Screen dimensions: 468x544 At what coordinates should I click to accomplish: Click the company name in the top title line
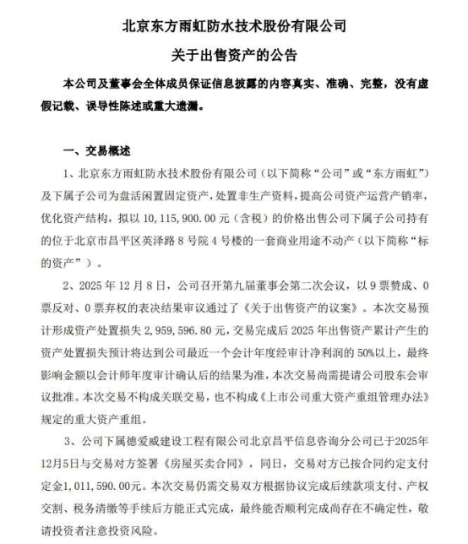[234, 26]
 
